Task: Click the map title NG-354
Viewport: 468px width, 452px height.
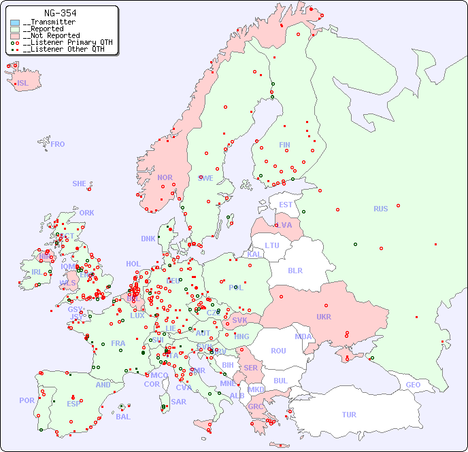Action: pos(60,13)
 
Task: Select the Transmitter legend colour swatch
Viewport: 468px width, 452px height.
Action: pos(15,22)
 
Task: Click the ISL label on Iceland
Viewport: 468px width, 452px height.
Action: pos(23,84)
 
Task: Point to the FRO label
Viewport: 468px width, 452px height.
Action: pos(58,144)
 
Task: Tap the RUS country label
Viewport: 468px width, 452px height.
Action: pos(380,209)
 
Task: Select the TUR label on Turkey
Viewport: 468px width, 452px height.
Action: pos(349,415)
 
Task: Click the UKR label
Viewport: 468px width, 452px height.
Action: pos(324,317)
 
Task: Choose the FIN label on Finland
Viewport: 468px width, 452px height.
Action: pos(284,145)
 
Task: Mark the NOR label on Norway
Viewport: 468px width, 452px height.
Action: pos(165,177)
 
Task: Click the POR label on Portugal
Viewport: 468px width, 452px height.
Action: pos(27,400)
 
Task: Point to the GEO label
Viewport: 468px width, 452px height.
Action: pos(413,385)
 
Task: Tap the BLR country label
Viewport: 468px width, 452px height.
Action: pos(295,270)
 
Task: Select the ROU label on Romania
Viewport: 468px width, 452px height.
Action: pos(278,351)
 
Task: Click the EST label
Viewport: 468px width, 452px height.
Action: pos(286,205)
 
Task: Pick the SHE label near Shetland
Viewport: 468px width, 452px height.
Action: pos(80,184)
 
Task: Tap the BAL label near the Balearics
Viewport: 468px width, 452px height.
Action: pos(123,417)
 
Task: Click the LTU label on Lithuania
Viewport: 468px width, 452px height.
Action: pos(272,245)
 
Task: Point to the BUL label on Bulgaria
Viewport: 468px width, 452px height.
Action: pos(280,381)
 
